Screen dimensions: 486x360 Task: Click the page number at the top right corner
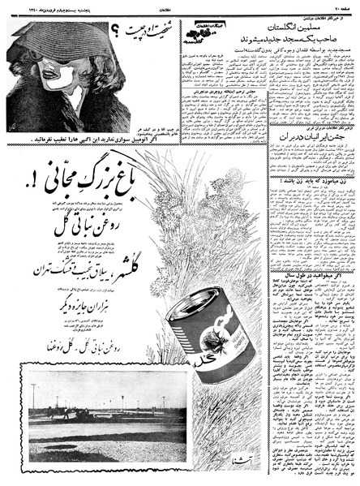pyautogui.click(x=345, y=6)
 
